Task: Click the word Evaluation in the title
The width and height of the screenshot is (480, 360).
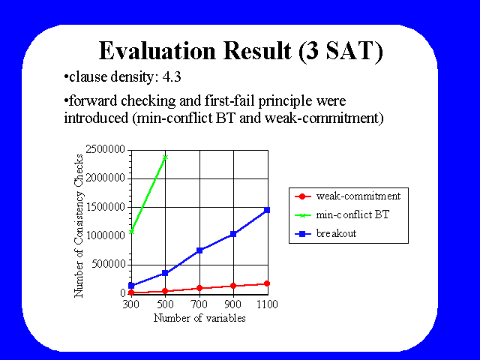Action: (x=157, y=51)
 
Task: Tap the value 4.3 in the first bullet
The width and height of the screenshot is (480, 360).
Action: (x=172, y=76)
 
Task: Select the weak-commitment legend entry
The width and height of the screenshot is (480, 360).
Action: (x=348, y=196)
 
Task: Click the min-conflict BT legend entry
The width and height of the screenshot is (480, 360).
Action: (x=342, y=215)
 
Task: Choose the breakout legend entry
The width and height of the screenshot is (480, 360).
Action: (x=325, y=233)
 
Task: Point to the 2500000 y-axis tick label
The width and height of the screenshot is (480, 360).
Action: (x=105, y=149)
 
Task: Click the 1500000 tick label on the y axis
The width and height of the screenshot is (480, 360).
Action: (x=105, y=207)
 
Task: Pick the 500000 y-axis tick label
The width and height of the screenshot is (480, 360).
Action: (x=108, y=264)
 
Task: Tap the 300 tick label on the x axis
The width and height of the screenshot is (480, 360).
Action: (x=131, y=304)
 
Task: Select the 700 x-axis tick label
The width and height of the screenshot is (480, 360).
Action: (x=199, y=304)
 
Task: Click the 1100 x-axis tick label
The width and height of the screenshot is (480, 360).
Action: (x=267, y=304)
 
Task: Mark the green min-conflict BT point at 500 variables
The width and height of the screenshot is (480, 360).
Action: (x=165, y=157)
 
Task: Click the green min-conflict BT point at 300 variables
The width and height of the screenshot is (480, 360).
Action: (x=132, y=232)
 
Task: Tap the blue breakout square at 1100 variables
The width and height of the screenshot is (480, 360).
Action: (x=267, y=210)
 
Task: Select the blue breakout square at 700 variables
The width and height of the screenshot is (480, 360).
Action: (x=199, y=250)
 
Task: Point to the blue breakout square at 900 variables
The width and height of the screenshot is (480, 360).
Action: (x=233, y=234)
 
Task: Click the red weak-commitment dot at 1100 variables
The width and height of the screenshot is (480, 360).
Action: (x=267, y=283)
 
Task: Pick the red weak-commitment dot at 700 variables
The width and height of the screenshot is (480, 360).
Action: (x=199, y=288)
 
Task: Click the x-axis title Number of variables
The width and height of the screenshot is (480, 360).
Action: (x=199, y=318)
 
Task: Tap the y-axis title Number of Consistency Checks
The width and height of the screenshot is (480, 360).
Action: (x=79, y=226)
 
